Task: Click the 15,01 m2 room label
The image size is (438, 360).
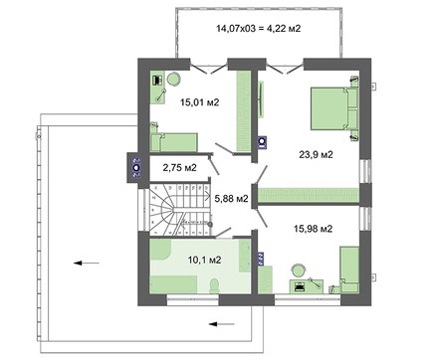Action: (200, 100)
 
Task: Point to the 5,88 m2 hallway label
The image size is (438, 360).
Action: (231, 197)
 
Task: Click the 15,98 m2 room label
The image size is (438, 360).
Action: (313, 229)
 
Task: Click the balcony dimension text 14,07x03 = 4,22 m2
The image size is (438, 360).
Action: (258, 28)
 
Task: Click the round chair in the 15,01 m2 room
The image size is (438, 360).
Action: (172, 80)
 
